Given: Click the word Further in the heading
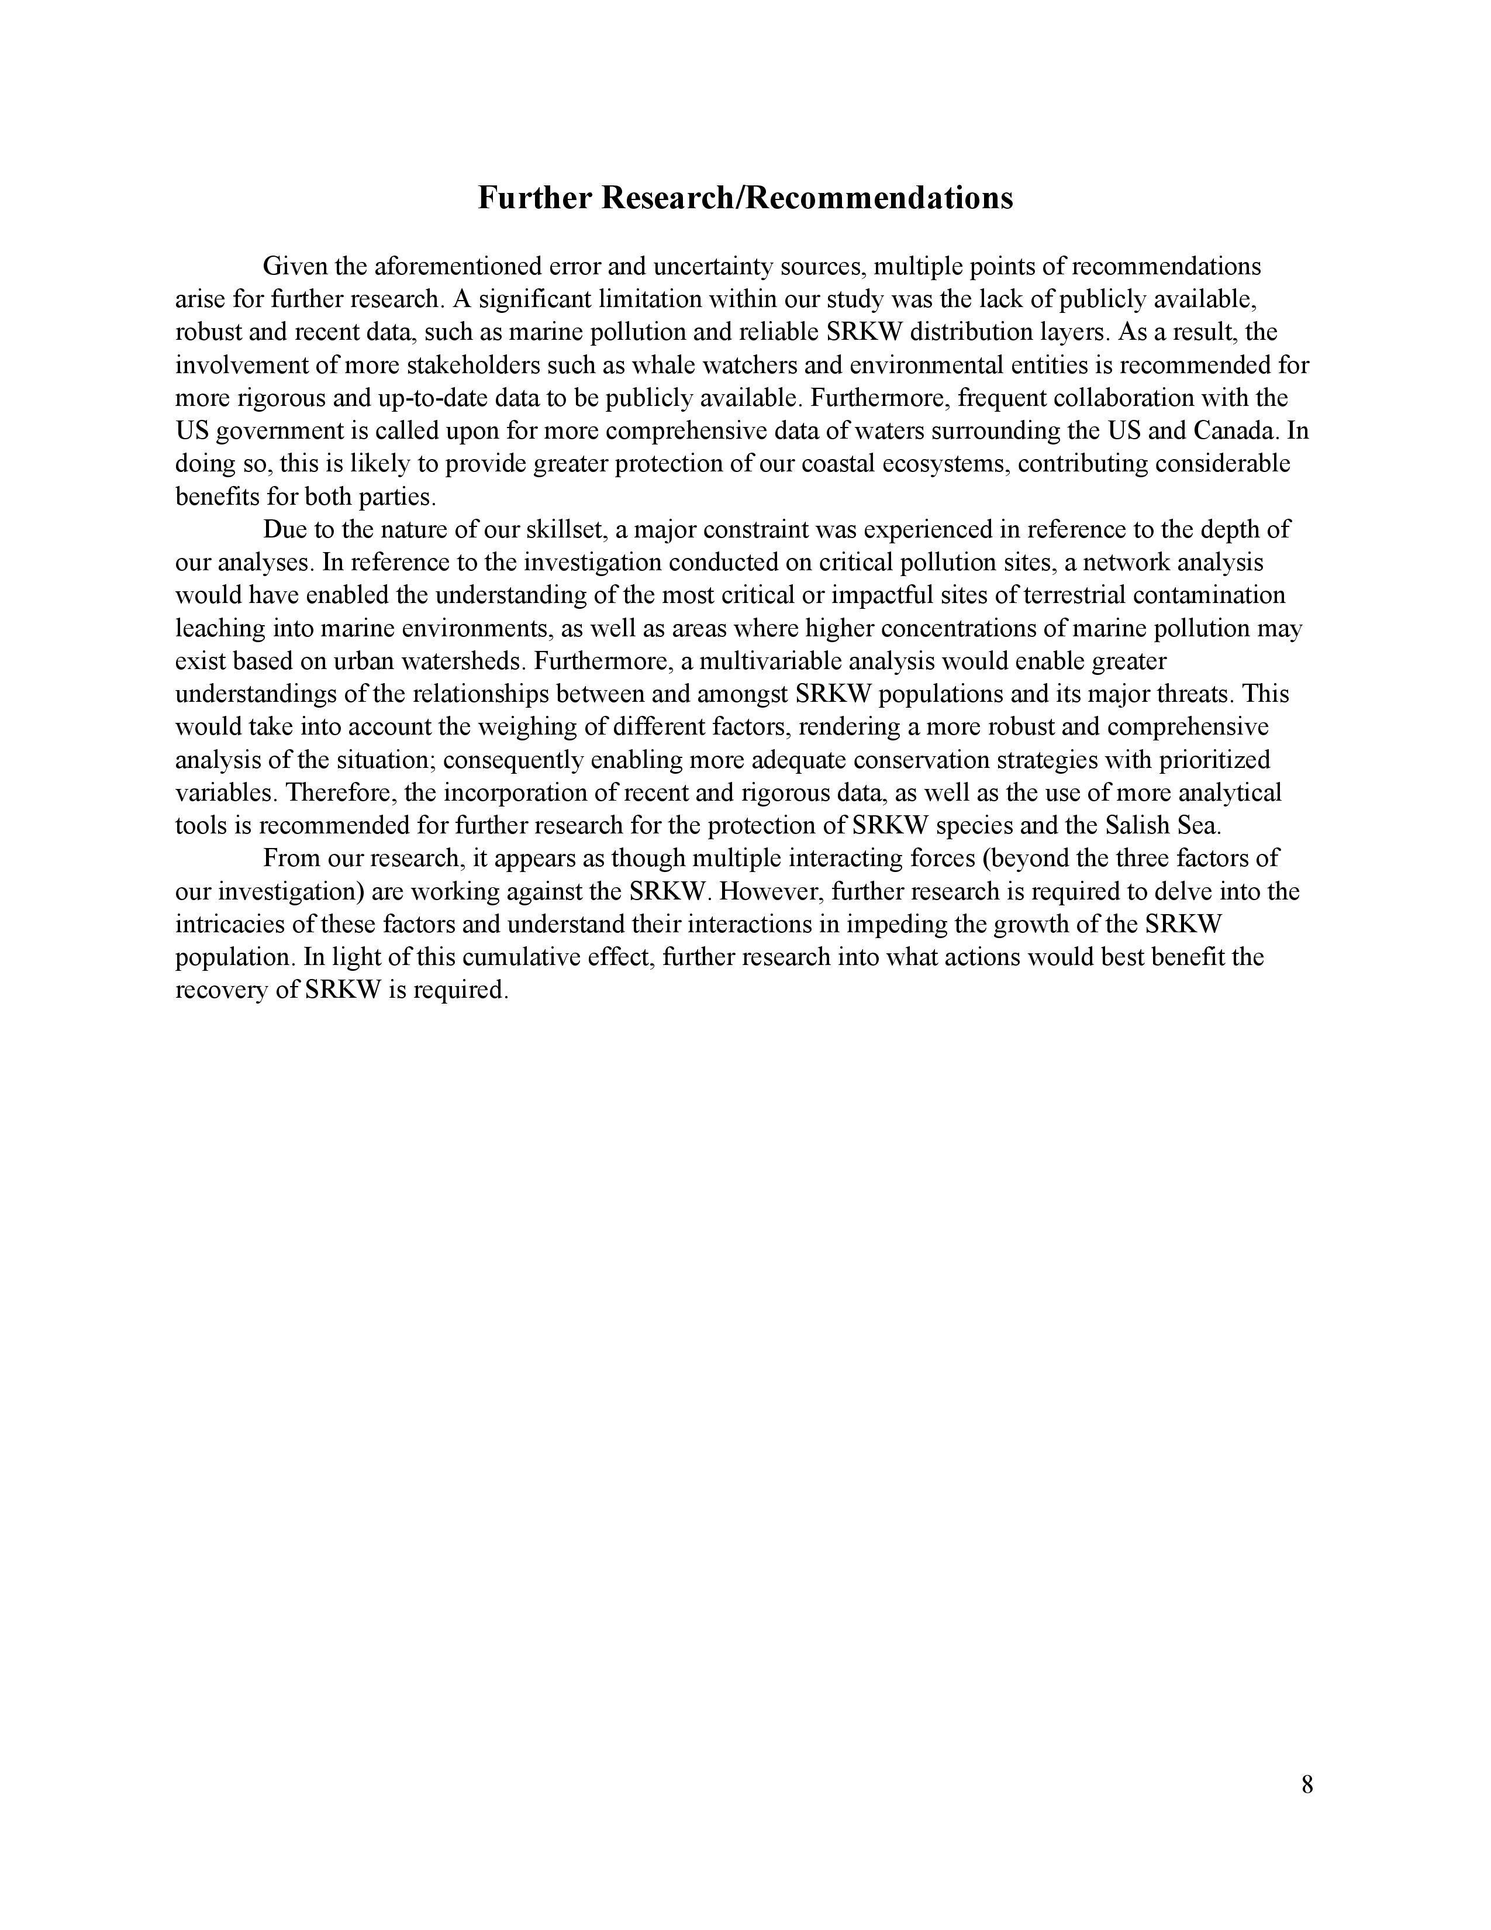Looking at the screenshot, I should click(534, 198).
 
